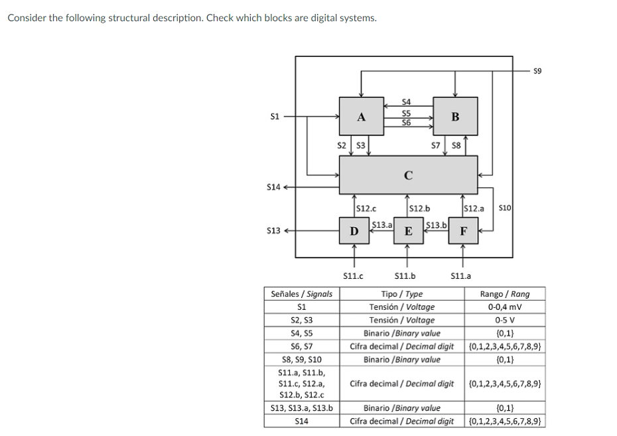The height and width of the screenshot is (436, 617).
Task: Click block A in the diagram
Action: (x=361, y=117)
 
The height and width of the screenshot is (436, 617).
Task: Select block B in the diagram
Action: (x=454, y=117)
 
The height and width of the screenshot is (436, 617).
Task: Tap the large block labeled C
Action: (x=408, y=175)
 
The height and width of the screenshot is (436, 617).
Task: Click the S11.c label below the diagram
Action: (x=352, y=275)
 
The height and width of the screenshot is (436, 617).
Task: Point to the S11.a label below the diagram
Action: (x=460, y=275)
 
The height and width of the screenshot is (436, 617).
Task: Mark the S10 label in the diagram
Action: (x=504, y=208)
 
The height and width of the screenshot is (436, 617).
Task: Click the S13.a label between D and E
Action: (x=381, y=224)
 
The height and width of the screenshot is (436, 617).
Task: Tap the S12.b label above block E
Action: (x=420, y=208)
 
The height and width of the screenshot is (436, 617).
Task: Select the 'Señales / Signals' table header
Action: (x=302, y=293)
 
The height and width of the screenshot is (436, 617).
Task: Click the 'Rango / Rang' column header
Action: (x=505, y=293)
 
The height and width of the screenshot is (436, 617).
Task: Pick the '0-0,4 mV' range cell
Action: (x=505, y=307)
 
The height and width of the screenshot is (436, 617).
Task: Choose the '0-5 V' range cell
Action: (x=505, y=320)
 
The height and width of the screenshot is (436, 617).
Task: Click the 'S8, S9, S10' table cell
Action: (x=302, y=360)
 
